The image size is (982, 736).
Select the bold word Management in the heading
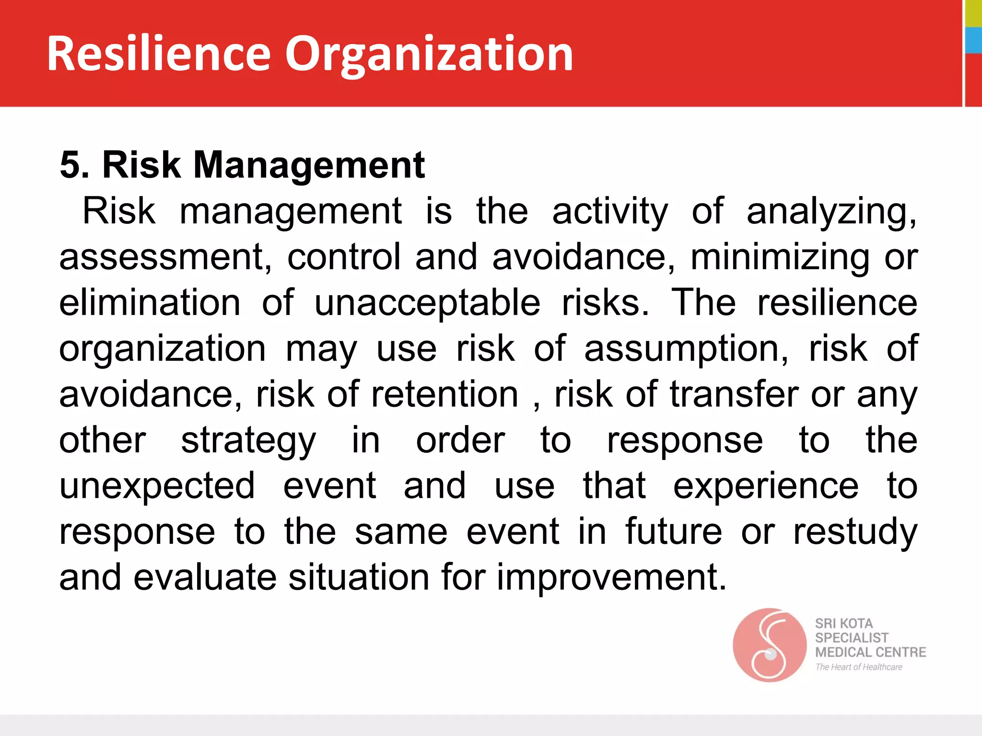pos(309,165)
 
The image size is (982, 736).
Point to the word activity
pos(610,211)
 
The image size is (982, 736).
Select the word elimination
pos(150,303)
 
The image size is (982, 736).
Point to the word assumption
pos(686,349)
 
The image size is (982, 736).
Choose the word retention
pos(444,394)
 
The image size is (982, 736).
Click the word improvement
pos(611,577)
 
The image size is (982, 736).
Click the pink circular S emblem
pos(769,645)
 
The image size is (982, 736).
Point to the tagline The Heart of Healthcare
pos(858,667)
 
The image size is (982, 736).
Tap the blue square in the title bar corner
pos(973,40)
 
